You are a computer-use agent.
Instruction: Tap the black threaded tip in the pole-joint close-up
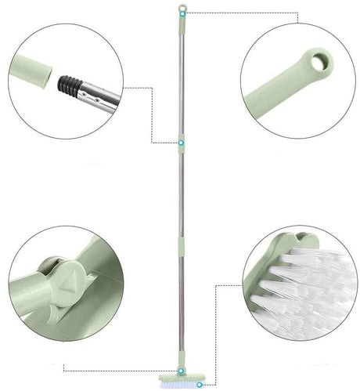point(69,81)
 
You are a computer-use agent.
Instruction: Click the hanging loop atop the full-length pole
point(182,10)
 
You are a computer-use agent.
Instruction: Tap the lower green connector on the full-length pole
point(182,247)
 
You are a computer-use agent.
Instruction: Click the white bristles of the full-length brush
point(182,384)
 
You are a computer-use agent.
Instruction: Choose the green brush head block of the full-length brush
point(182,375)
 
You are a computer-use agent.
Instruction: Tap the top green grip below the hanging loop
point(182,27)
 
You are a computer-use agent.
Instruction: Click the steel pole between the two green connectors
point(182,196)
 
